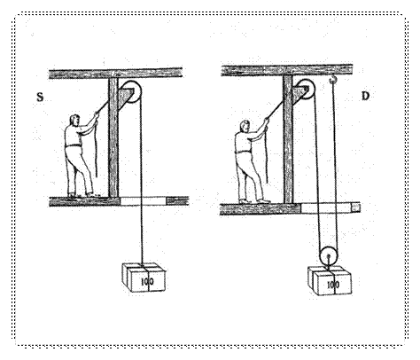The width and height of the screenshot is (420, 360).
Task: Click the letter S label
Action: pos(40,97)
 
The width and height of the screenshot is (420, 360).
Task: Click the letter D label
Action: pos(365,96)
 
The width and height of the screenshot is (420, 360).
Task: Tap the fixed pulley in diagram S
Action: pos(131,91)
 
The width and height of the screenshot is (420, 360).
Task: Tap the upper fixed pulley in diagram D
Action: pos(305,89)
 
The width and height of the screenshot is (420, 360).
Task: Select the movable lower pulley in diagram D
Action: pos(329,255)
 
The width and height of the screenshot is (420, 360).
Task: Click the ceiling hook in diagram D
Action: pos(333,79)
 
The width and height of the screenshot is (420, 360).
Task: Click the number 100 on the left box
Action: pos(147,281)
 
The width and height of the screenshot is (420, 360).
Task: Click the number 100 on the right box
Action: pos(333,285)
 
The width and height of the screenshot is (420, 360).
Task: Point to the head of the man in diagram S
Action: pos(74,120)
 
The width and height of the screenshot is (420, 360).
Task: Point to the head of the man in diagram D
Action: pos(245,126)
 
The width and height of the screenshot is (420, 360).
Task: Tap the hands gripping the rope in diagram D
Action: pos(267,121)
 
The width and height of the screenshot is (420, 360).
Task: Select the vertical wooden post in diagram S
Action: pos(113,137)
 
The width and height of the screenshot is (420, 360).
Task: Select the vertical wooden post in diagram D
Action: pos(288,139)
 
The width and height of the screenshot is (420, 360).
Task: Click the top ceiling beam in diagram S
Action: pos(115,73)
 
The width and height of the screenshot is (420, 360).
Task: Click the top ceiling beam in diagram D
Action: pos(286,70)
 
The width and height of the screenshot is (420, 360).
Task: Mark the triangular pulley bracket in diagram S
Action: pos(125,96)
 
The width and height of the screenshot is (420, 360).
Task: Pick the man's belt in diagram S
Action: pos(74,145)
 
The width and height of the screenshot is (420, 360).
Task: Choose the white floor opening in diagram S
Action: pos(143,201)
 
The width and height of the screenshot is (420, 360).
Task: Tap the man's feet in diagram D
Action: pos(254,201)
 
